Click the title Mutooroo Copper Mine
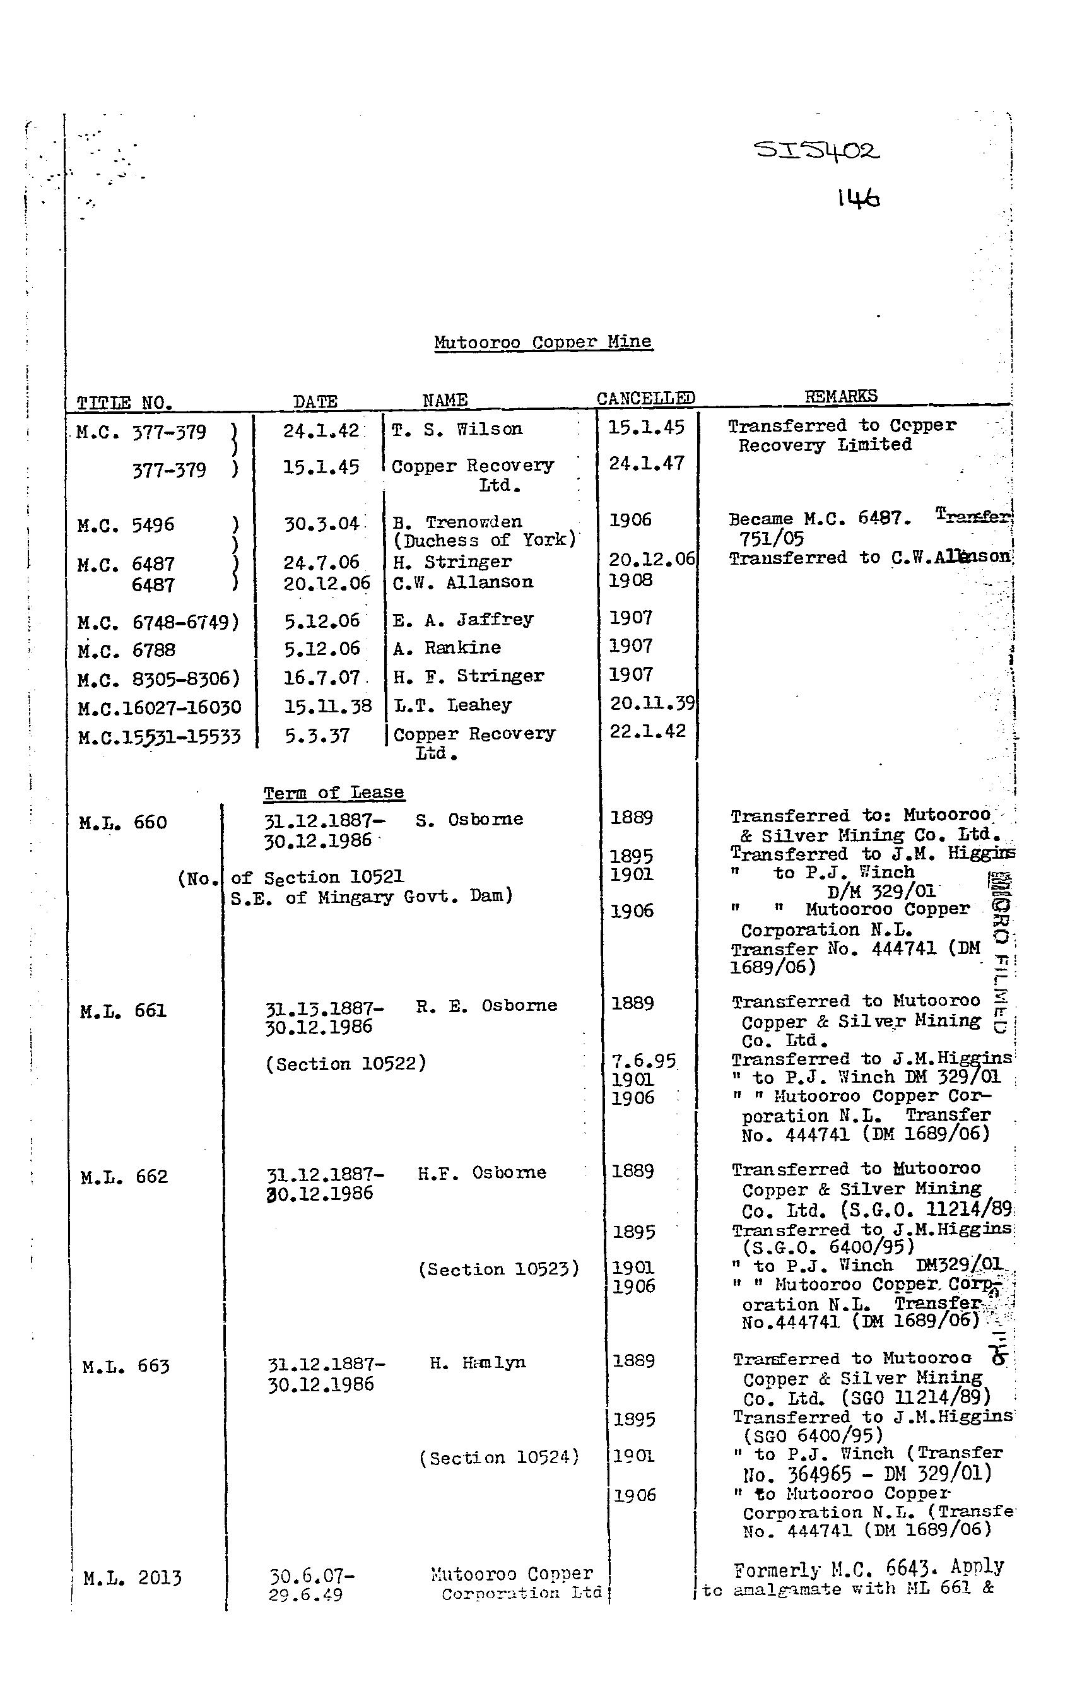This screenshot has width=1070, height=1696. point(543,343)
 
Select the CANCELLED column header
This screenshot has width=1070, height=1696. point(645,398)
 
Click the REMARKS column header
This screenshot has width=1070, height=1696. point(840,396)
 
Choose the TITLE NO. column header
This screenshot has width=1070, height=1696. point(125,403)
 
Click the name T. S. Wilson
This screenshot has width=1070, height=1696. point(457,429)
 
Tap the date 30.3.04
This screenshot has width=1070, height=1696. point(321,524)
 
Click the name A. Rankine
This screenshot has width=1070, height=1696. point(447,647)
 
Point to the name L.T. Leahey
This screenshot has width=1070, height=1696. point(452,704)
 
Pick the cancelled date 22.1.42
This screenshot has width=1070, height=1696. point(647,731)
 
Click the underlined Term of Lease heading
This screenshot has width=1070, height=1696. point(333,792)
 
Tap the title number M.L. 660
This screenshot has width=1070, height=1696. point(123,822)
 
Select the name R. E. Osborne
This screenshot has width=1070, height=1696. point(486,1005)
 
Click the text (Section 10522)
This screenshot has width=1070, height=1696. point(345,1064)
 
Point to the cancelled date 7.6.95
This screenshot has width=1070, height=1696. point(642,1061)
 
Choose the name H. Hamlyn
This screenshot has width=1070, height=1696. point(478,1362)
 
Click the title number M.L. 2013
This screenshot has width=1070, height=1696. point(132,1577)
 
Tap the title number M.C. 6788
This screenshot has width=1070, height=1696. point(127,649)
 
